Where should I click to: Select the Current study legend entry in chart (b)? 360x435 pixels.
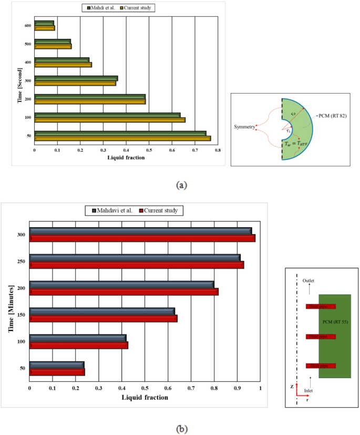[161, 210]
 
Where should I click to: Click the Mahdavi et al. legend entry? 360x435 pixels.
[109, 210]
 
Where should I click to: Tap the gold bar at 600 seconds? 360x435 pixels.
[45, 28]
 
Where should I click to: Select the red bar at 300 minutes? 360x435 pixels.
[142, 238]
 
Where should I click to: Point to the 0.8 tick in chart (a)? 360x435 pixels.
[218, 150]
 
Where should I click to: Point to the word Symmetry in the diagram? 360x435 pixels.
[244, 127]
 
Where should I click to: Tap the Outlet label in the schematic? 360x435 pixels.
[310, 281]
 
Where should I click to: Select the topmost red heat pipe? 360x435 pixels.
[321, 306]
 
